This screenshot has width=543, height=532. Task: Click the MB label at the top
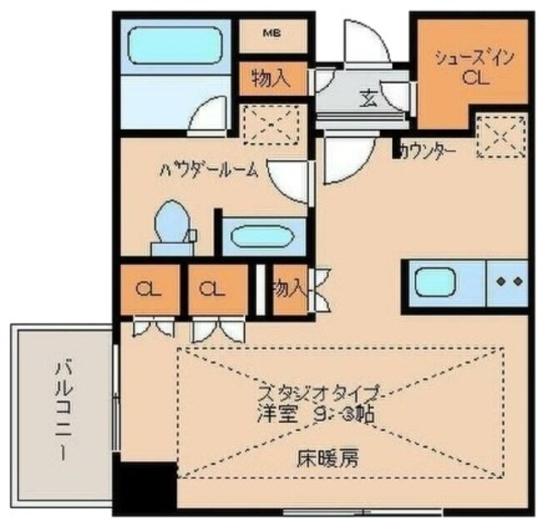[271, 34]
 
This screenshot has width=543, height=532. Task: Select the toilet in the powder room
[173, 226]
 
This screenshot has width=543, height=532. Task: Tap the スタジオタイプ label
[318, 393]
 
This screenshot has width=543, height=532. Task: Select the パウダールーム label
[209, 168]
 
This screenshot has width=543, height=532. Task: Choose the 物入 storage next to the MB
[271, 79]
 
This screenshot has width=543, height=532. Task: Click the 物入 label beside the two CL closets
[288, 289]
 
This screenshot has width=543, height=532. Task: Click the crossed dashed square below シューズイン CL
[500, 135]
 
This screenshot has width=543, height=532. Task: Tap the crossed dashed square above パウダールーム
[272, 125]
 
